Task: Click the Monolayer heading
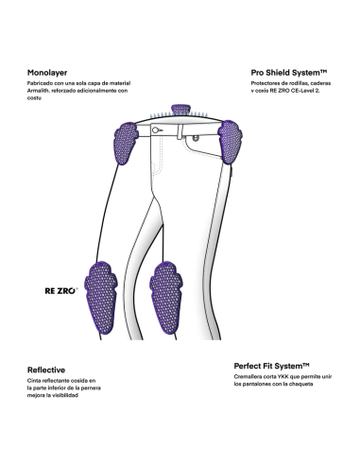click(x=47, y=73)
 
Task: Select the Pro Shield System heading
click(x=289, y=73)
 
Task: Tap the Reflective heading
click(x=46, y=370)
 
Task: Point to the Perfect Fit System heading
click(x=271, y=366)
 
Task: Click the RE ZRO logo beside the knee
click(x=61, y=291)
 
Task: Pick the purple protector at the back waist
click(x=180, y=110)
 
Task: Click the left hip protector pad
click(x=126, y=143)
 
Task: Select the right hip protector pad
click(x=231, y=142)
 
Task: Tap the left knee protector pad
click(x=101, y=298)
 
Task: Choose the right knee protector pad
click(x=166, y=298)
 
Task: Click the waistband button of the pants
click(x=155, y=129)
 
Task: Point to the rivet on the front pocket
click(x=196, y=137)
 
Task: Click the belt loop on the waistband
click(x=180, y=131)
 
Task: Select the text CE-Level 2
click(x=306, y=91)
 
